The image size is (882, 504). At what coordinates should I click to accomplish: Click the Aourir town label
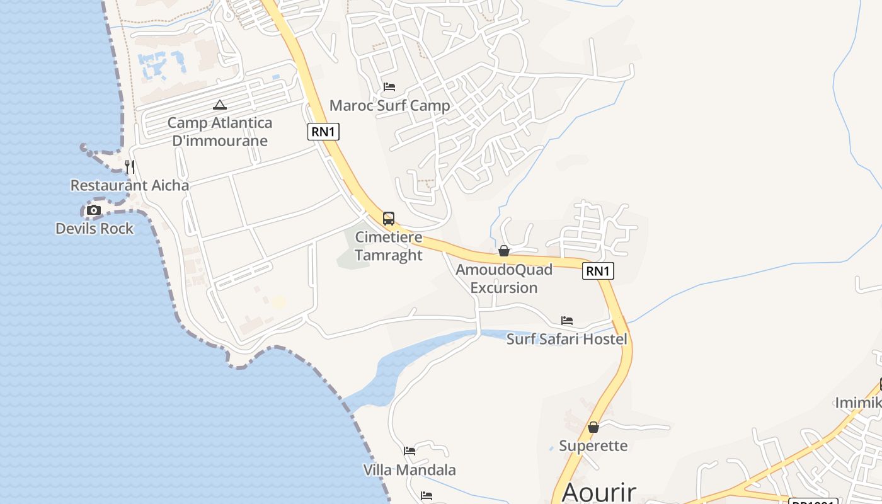[598, 492]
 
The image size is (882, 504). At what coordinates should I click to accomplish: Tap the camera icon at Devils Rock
[94, 210]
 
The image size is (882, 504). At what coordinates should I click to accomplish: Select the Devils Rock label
[94, 228]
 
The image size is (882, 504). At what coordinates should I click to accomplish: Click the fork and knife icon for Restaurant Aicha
[130, 167]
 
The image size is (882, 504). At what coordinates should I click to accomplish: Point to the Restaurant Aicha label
[130, 185]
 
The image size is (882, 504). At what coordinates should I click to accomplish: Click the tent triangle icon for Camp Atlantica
[219, 105]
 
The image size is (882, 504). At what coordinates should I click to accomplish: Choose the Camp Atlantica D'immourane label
[220, 132]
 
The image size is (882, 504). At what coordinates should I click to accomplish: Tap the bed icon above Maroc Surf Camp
[389, 87]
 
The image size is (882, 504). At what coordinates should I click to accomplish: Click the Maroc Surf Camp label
[390, 105]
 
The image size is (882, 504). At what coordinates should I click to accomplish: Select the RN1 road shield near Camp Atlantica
[324, 132]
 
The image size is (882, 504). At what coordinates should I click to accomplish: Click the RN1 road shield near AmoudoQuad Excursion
[598, 271]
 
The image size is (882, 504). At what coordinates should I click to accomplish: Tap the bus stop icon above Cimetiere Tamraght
[389, 219]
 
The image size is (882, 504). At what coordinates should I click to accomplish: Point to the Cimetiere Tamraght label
[389, 246]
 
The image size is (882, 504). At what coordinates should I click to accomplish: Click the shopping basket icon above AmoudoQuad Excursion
[504, 251]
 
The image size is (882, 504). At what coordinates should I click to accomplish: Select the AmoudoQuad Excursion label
[504, 278]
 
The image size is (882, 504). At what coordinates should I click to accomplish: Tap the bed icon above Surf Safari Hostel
[567, 321]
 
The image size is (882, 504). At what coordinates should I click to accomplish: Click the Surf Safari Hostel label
[567, 339]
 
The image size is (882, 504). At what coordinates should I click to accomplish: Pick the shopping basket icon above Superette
[593, 427]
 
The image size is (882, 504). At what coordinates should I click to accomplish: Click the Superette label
[593, 446]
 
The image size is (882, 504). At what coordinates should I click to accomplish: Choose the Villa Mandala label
[409, 470]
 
